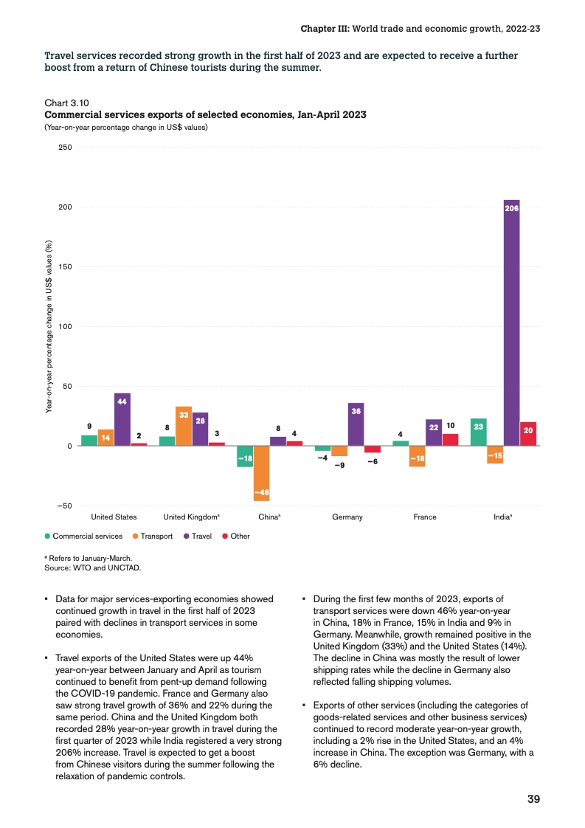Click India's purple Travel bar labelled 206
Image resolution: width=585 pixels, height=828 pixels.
[511, 322]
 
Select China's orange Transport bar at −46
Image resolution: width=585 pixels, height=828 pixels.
[261, 473]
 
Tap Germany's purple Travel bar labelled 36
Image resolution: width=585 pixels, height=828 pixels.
[356, 424]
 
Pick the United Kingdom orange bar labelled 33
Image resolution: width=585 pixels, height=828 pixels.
[184, 426]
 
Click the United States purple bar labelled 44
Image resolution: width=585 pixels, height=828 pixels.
[122, 419]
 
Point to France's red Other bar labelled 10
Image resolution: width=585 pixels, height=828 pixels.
[450, 440]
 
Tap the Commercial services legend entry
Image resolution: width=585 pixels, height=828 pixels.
[83, 536]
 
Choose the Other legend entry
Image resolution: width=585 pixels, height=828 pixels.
[236, 536]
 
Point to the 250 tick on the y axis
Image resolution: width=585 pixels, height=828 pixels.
[64, 148]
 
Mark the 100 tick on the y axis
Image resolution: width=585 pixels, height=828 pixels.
[64, 327]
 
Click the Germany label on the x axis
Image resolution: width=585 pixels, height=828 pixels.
[347, 517]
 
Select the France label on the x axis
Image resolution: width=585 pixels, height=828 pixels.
[425, 517]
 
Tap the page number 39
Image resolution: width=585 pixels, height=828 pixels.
[534, 800]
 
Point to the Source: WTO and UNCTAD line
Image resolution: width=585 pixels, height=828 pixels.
[92, 567]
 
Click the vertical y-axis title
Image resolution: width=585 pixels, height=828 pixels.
[49, 326]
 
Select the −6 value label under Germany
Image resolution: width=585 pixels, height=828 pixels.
[373, 461]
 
